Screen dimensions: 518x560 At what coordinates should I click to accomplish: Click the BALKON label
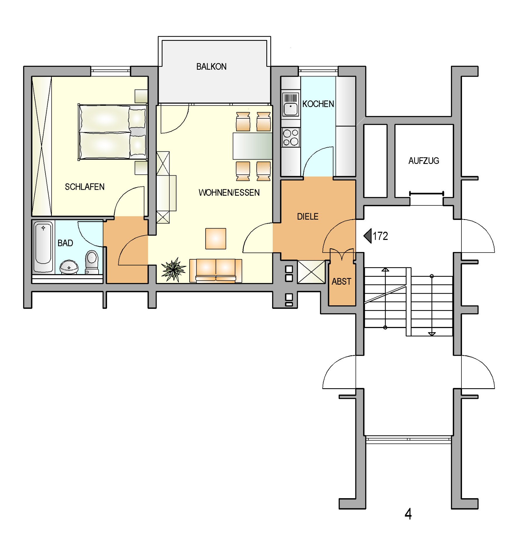[x=211, y=66]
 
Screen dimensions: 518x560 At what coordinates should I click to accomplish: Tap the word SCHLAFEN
[x=85, y=187]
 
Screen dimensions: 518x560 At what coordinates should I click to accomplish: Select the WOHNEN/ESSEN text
[x=229, y=192]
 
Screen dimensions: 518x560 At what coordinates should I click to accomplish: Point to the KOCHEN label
[x=318, y=104]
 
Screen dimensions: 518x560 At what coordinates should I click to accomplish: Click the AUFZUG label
[x=423, y=161]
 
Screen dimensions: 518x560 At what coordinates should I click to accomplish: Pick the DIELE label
[x=308, y=216]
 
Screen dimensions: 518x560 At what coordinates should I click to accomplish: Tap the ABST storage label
[x=341, y=281]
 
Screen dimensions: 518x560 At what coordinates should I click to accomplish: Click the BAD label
[x=65, y=243]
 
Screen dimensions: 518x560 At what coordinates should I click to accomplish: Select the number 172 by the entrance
[x=380, y=236]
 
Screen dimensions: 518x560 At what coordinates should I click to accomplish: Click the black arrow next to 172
[x=368, y=236]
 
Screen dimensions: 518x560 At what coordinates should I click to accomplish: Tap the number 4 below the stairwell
[x=408, y=514]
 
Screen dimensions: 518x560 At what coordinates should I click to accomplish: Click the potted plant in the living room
[x=174, y=269]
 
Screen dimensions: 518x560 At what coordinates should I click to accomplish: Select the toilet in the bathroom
[x=92, y=262]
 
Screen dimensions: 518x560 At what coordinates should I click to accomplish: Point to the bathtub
[x=43, y=247]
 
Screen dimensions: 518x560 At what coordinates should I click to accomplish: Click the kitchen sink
[x=290, y=104]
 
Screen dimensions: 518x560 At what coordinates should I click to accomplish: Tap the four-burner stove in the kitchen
[x=291, y=137]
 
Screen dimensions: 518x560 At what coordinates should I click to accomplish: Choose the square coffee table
[x=216, y=239]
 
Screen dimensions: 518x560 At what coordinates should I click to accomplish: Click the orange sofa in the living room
[x=216, y=271]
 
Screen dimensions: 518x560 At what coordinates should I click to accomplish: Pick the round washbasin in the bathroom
[x=69, y=267]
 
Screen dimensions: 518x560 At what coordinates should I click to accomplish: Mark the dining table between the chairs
[x=253, y=146]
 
